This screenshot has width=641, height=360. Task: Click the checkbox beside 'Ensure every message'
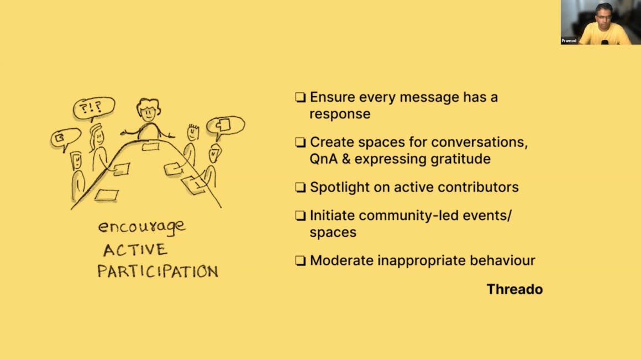[x=301, y=97]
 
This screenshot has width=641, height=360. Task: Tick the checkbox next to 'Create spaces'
[x=301, y=142]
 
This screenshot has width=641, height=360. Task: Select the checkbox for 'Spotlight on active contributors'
[x=301, y=187]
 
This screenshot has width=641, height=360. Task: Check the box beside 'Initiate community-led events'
[x=301, y=216]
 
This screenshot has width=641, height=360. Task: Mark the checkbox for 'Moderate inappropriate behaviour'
[x=301, y=260]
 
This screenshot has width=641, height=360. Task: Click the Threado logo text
[x=514, y=289]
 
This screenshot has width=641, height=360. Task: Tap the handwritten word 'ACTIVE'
[x=135, y=249]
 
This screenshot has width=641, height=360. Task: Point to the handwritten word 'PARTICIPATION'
[x=158, y=271]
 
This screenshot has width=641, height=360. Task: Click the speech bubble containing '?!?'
[x=94, y=108]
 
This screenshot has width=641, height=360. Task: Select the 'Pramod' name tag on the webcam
[x=569, y=40]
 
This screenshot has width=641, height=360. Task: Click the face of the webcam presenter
[x=603, y=15]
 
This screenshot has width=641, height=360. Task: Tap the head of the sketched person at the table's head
[x=149, y=109]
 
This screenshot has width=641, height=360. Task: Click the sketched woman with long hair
[x=98, y=148]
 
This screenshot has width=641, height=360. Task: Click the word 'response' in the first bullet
[x=340, y=114]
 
